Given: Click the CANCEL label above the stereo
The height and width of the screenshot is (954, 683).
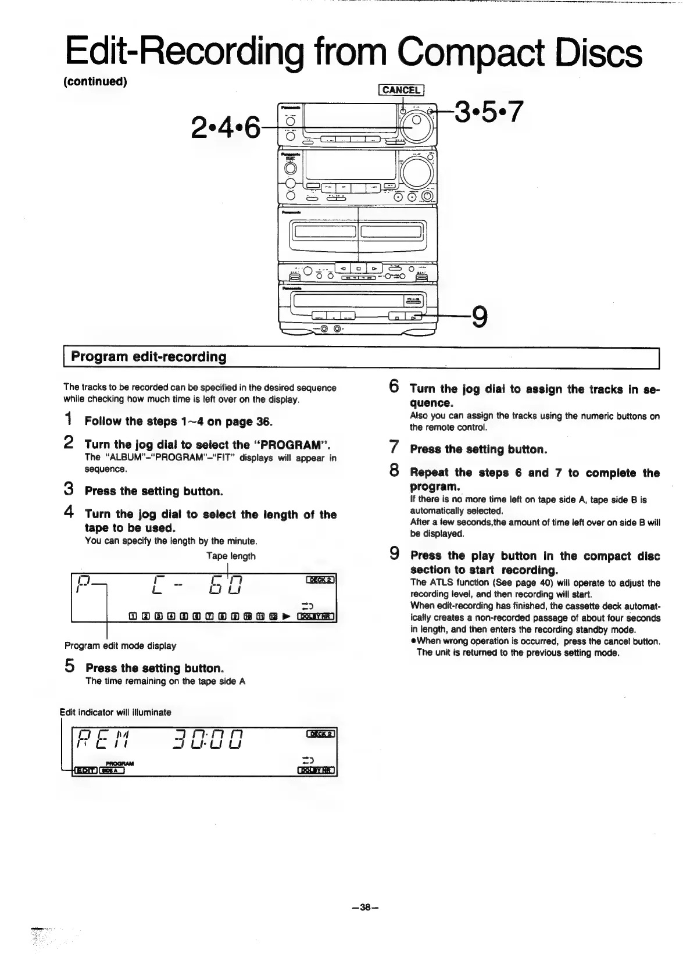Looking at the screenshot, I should coord(402,90).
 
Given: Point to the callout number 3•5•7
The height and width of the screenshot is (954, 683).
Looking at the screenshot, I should coord(489,112).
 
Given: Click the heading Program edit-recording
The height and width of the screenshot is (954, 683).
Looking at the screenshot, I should coord(148,357).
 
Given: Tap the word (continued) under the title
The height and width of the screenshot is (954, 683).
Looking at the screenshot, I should coord(95,81).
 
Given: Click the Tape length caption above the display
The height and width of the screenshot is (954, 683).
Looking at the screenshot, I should coord(231,556).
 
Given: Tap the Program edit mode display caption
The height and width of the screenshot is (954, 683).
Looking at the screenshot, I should coord(120,645).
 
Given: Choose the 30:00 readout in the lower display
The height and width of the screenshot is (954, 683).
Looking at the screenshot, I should coord(208,741).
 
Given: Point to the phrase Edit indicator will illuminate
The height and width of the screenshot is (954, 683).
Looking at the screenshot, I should coord(116,712).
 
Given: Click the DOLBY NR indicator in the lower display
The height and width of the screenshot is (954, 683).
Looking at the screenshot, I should coord(317,771).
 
